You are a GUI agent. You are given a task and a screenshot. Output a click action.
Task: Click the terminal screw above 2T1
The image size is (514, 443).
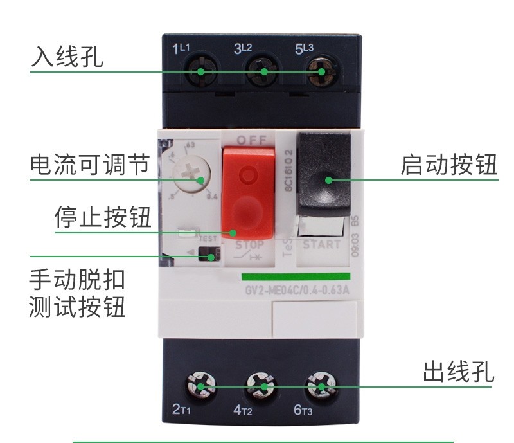coord(200,387)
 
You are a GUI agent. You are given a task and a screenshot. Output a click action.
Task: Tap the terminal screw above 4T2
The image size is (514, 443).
coord(261,387)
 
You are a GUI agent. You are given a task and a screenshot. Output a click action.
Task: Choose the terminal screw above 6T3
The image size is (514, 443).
coord(320,387)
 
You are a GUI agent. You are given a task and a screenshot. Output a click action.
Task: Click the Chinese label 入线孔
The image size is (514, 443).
coord(67,58)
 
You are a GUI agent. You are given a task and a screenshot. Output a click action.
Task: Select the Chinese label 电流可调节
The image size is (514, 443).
coord(89,165)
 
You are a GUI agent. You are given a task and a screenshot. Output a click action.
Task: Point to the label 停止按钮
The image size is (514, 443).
coord(103,217)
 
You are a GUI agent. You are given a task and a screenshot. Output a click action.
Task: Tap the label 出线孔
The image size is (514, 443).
coord(458,372)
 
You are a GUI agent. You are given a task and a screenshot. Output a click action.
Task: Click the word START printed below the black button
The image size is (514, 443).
coord(322,244)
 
